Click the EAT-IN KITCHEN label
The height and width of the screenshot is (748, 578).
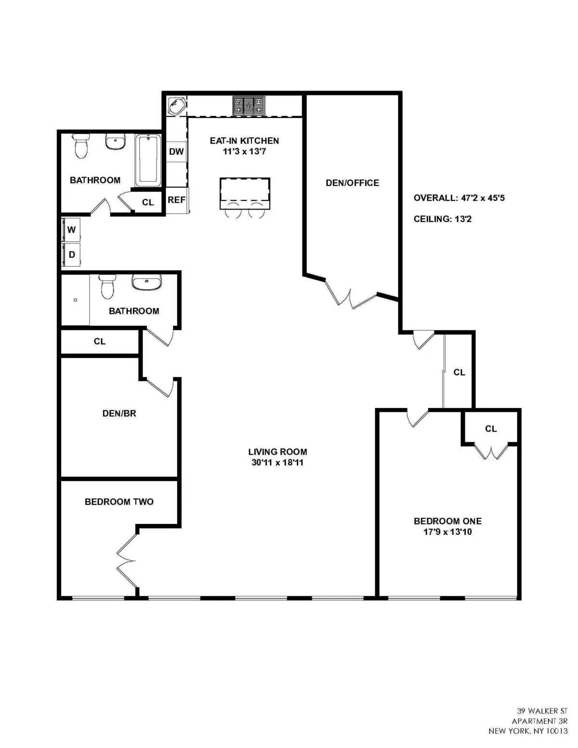[x=244, y=141]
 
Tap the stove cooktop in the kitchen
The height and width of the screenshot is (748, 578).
[x=249, y=106]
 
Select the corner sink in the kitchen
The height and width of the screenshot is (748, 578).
[x=176, y=106]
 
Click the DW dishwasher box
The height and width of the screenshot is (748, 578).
[x=176, y=152]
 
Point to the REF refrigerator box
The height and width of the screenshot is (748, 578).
[x=176, y=200]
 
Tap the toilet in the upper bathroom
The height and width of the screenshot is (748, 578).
[x=81, y=145]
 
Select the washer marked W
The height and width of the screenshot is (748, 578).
[x=71, y=230]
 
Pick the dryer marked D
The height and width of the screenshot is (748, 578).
[x=71, y=254]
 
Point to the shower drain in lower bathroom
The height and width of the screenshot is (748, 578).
[x=76, y=300]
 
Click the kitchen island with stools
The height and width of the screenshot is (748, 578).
[x=245, y=193]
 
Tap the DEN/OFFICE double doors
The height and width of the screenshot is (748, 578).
[x=351, y=295]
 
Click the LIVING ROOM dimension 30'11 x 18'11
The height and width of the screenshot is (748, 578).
[x=277, y=463]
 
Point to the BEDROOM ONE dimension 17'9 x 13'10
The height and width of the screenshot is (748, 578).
[x=447, y=532]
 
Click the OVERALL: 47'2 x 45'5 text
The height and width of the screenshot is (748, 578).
[x=459, y=198]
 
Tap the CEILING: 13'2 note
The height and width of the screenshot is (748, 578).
[x=442, y=219]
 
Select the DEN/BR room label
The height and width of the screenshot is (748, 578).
[x=119, y=413]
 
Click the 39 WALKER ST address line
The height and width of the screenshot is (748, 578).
[x=542, y=711]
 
